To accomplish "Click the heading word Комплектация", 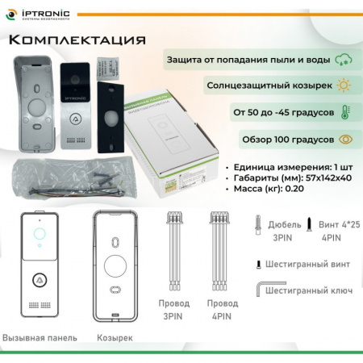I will click(79, 41).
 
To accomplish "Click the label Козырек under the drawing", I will click(115, 337).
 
